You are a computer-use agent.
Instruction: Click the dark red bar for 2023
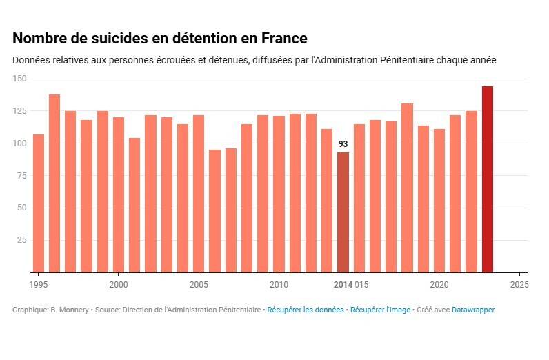pyautogui.click(x=487, y=179)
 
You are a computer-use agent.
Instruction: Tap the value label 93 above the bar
pyautogui.click(x=343, y=144)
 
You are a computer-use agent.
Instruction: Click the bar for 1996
pyautogui.click(x=54, y=183)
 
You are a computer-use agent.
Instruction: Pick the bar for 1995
pyautogui.click(x=39, y=203)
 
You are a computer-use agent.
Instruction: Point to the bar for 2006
pyautogui.click(x=214, y=211)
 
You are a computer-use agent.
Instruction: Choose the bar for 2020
pyautogui.click(x=439, y=201)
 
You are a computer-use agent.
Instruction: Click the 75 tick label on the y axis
pyautogui.click(x=21, y=175)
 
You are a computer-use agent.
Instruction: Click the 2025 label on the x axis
pyautogui.click(x=519, y=284)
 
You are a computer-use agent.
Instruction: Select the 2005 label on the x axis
pyautogui.click(x=199, y=284)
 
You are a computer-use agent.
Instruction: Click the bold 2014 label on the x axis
pyautogui.click(x=343, y=284)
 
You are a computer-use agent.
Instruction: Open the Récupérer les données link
pyautogui.click(x=305, y=310)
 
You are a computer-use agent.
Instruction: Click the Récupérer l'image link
pyautogui.click(x=380, y=310)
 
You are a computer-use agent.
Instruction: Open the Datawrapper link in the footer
pyautogui.click(x=473, y=310)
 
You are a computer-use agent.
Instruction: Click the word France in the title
pyautogui.click(x=283, y=38)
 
